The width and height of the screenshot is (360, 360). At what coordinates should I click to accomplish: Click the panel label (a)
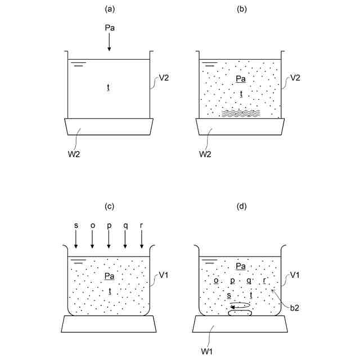tap(110, 10)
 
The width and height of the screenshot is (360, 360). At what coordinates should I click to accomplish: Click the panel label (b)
tap(242, 10)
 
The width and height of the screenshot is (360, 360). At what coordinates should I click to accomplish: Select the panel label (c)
tap(110, 206)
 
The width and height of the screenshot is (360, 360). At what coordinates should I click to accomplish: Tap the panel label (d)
tap(242, 206)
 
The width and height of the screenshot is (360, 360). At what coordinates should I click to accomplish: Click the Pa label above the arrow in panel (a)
tap(110, 27)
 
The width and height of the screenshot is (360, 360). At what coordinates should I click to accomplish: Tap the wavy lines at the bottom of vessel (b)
tap(241, 113)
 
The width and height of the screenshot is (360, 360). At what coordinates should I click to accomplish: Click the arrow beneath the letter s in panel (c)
tap(76, 239)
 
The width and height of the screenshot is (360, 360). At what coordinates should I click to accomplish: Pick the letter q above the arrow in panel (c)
tap(125, 225)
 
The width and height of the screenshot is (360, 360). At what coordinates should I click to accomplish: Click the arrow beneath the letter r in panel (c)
tap(142, 239)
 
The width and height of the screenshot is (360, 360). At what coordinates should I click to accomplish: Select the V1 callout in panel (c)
tap(164, 275)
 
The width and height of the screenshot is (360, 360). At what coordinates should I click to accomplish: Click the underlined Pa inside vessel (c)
tap(109, 276)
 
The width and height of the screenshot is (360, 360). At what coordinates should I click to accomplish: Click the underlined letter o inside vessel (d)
tap(216, 280)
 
